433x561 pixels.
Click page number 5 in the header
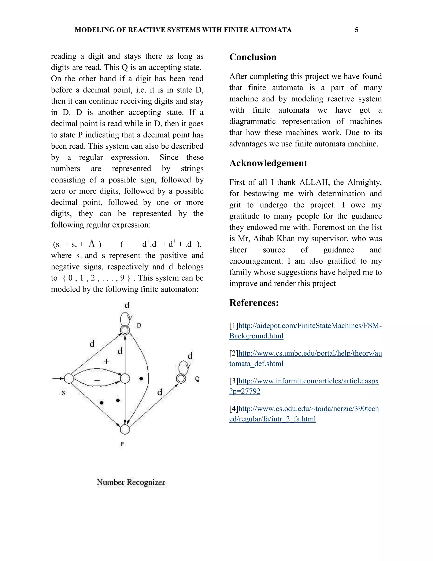(356, 30)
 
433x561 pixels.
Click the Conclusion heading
(253, 57)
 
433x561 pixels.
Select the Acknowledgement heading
(268, 163)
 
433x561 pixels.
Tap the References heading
(254, 303)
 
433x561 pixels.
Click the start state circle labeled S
(69, 378)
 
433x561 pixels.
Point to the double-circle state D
(125, 330)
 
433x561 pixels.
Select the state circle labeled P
(125, 429)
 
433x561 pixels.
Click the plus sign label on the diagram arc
(106, 361)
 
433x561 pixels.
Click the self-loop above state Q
(184, 367)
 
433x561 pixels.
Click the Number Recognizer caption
(131, 482)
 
